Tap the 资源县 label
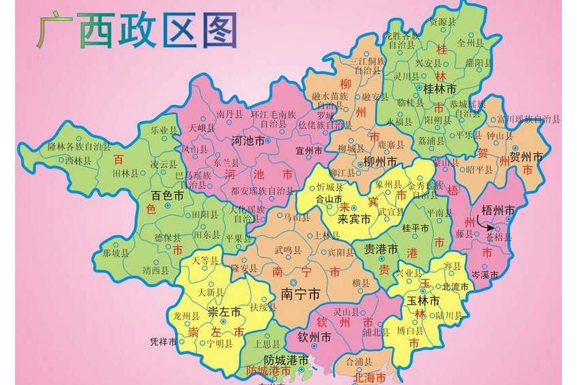point(442,22)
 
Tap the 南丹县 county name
point(229,114)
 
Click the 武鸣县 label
point(288,250)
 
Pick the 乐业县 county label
point(164,129)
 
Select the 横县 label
point(361,283)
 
